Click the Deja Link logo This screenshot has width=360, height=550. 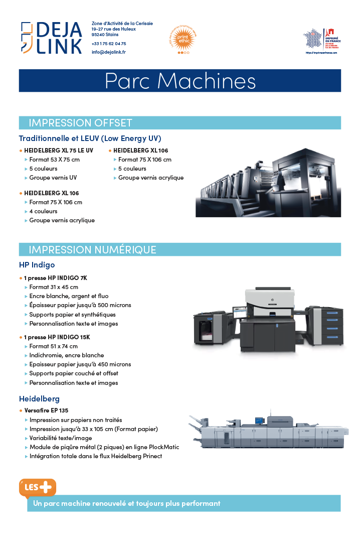(52, 37)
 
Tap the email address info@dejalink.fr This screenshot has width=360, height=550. (109, 52)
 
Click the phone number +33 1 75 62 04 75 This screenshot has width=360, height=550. (109, 44)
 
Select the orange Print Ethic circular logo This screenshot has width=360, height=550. (184, 38)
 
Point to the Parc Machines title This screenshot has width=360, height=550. (180, 81)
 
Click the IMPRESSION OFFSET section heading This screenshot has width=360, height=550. (80, 123)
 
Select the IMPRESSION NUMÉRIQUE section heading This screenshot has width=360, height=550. (92, 249)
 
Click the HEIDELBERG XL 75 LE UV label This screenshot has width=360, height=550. (59, 151)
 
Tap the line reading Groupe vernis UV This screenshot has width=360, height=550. (53, 178)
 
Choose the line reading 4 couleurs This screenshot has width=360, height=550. (43, 211)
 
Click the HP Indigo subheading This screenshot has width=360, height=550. (37, 264)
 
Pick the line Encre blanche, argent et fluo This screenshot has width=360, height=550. (69, 296)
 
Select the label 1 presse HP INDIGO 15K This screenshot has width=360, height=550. (57, 337)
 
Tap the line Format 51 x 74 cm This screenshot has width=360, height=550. (53, 346)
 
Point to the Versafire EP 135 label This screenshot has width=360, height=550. (46, 410)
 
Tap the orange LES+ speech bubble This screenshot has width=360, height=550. (37, 487)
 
